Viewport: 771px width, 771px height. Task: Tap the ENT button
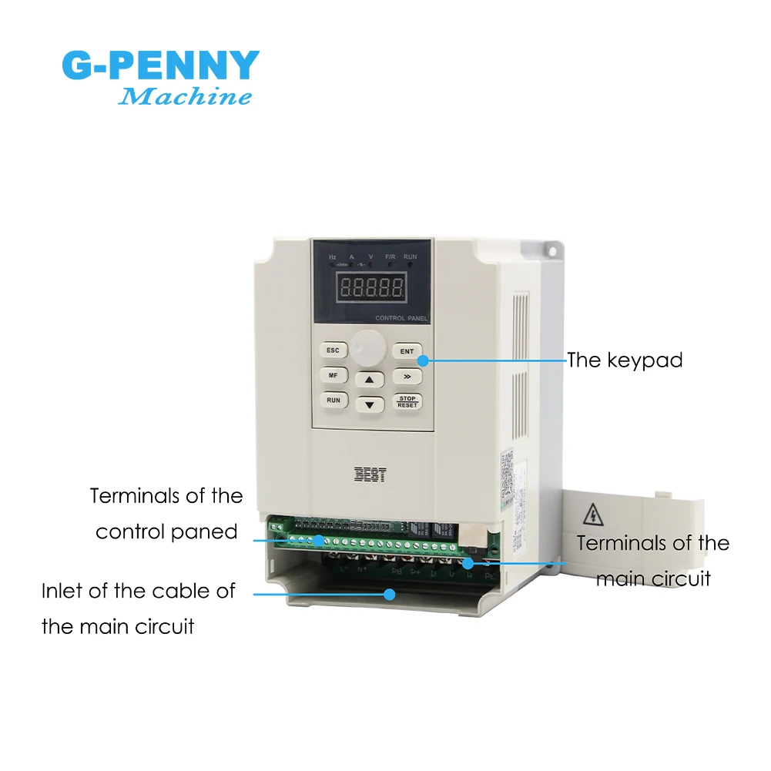[407, 351]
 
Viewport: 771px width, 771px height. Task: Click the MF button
[333, 375]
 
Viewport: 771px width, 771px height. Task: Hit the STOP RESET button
[407, 401]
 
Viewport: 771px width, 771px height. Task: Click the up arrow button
[370, 380]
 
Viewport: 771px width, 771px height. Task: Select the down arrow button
[370, 404]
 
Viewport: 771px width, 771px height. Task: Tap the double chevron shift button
[407, 376]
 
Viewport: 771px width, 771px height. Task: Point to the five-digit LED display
[373, 289]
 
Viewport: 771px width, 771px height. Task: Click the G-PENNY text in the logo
[160, 65]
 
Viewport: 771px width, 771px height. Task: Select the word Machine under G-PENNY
[186, 97]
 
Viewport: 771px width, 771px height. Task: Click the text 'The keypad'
[625, 360]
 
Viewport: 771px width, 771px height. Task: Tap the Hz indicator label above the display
[333, 256]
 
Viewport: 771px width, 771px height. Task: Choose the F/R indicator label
[390, 256]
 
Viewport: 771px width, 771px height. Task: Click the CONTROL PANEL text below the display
[401, 318]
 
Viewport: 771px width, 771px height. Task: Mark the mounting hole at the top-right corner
[552, 250]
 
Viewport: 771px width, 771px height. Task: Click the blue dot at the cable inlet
[391, 594]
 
